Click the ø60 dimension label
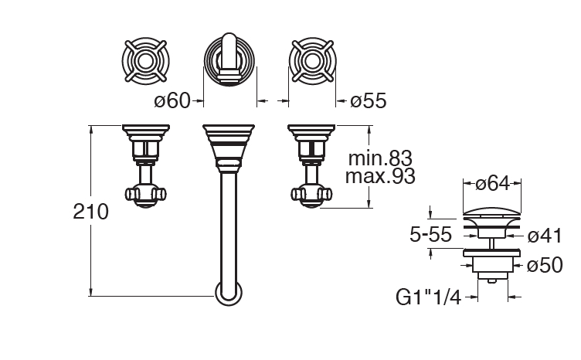[172, 100]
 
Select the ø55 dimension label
[369, 100]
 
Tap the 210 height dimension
[91, 212]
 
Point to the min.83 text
[380, 158]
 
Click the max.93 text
[380, 176]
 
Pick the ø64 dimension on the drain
[492, 183]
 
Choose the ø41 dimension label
[545, 236]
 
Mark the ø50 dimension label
[545, 265]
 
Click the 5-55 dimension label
[430, 234]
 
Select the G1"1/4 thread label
[428, 297]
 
